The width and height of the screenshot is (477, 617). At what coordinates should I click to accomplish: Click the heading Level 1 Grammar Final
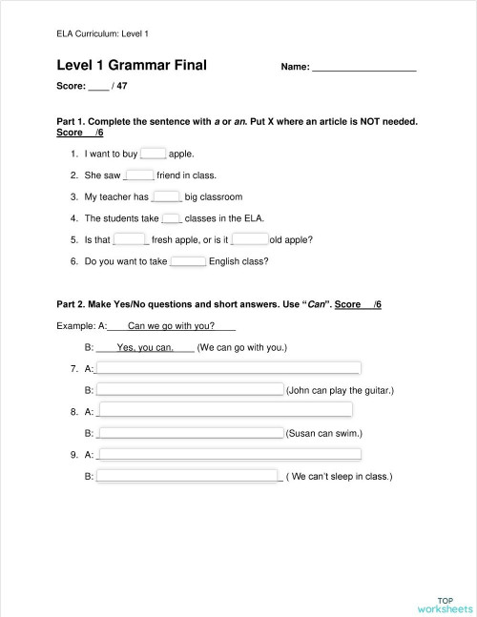coord(132,66)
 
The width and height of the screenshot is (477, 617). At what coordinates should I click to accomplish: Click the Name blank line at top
coord(364,67)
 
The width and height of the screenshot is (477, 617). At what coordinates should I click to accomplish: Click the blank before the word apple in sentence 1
coord(153,153)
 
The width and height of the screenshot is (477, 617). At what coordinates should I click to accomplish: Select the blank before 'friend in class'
coord(139,175)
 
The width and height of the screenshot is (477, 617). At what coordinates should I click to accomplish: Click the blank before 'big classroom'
coord(167,197)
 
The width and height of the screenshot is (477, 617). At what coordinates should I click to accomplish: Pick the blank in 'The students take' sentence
coord(172,218)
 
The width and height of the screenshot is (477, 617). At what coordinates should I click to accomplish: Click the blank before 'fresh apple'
coord(130,239)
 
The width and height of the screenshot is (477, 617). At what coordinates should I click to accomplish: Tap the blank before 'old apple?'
coord(250,239)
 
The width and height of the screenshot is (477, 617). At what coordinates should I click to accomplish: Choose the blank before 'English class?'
coord(188,260)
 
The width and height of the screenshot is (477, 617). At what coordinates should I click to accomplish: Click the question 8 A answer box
coord(225,411)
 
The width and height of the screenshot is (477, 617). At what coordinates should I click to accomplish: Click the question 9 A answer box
coord(229,454)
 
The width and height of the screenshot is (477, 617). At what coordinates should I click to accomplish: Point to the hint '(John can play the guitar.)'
coord(340,390)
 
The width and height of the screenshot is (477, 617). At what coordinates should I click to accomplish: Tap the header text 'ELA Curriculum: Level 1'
coord(103,34)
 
